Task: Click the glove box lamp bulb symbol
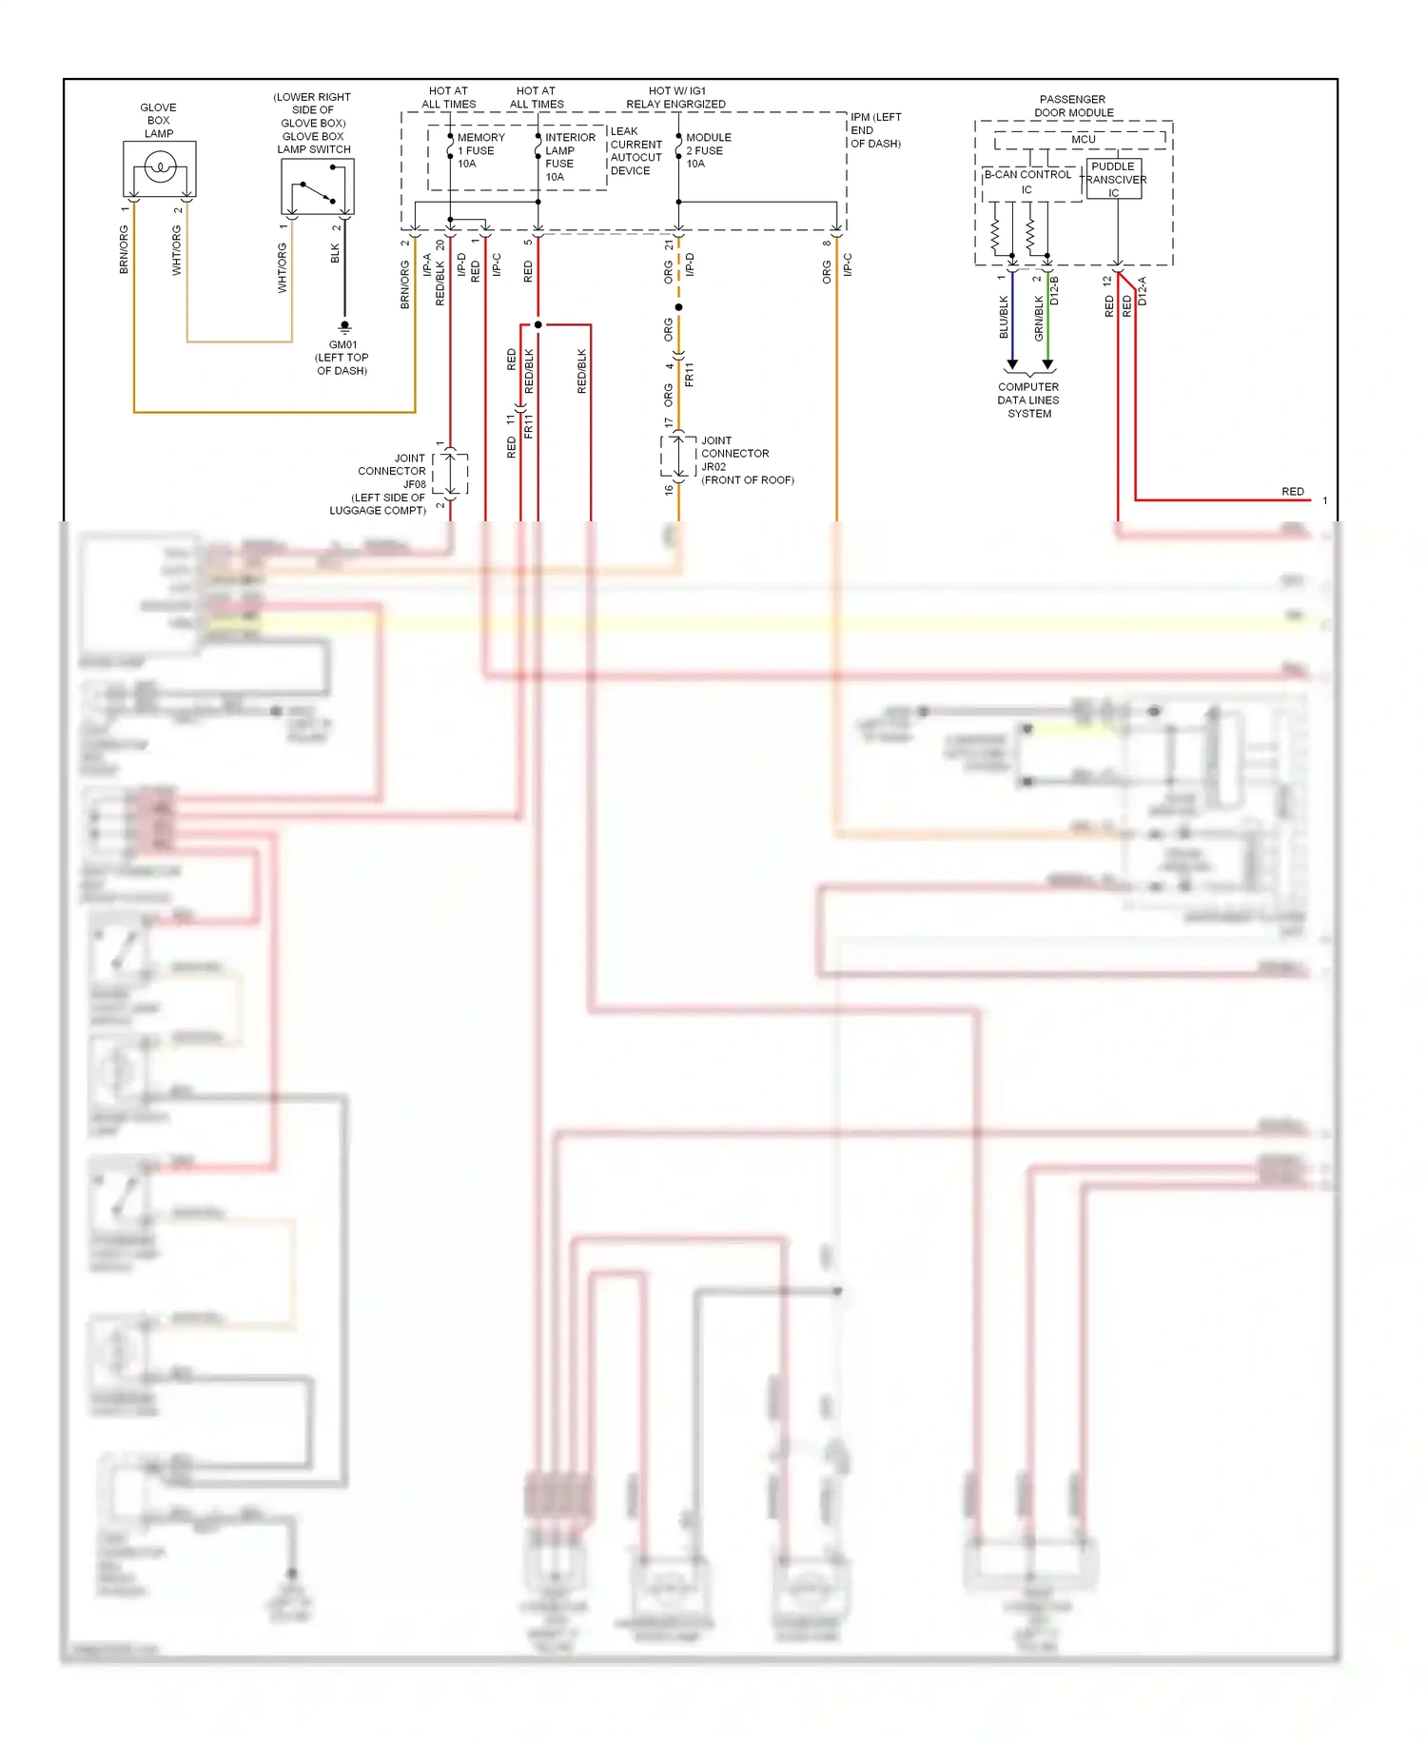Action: (x=160, y=169)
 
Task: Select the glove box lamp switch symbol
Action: (x=318, y=187)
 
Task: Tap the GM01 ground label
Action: (x=342, y=358)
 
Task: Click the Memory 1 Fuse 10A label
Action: (x=479, y=150)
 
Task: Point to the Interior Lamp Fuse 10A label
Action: (x=569, y=157)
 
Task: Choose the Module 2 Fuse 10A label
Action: (x=708, y=150)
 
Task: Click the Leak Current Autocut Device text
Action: (x=635, y=151)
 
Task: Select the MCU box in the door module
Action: (x=1082, y=140)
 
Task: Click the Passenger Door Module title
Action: (x=1073, y=106)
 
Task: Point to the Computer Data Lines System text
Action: (x=1028, y=401)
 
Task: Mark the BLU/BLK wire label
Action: (x=1004, y=317)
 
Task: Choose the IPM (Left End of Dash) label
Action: (x=875, y=130)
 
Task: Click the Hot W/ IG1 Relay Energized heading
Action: (x=676, y=98)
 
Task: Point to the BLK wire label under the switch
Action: (x=335, y=253)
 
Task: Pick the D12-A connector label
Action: (x=1143, y=291)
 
